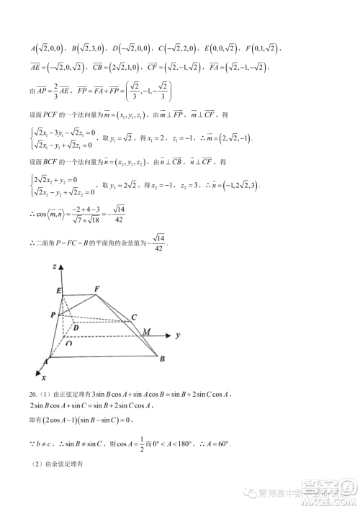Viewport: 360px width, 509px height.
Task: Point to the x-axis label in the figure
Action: click(x=44, y=377)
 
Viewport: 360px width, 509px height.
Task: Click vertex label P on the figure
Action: click(x=53, y=315)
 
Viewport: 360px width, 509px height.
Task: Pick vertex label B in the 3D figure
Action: click(x=163, y=358)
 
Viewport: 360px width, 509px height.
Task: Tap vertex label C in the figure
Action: click(x=134, y=317)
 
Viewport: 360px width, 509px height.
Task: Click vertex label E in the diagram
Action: click(x=58, y=290)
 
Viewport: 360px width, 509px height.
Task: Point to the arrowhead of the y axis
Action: click(x=174, y=336)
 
